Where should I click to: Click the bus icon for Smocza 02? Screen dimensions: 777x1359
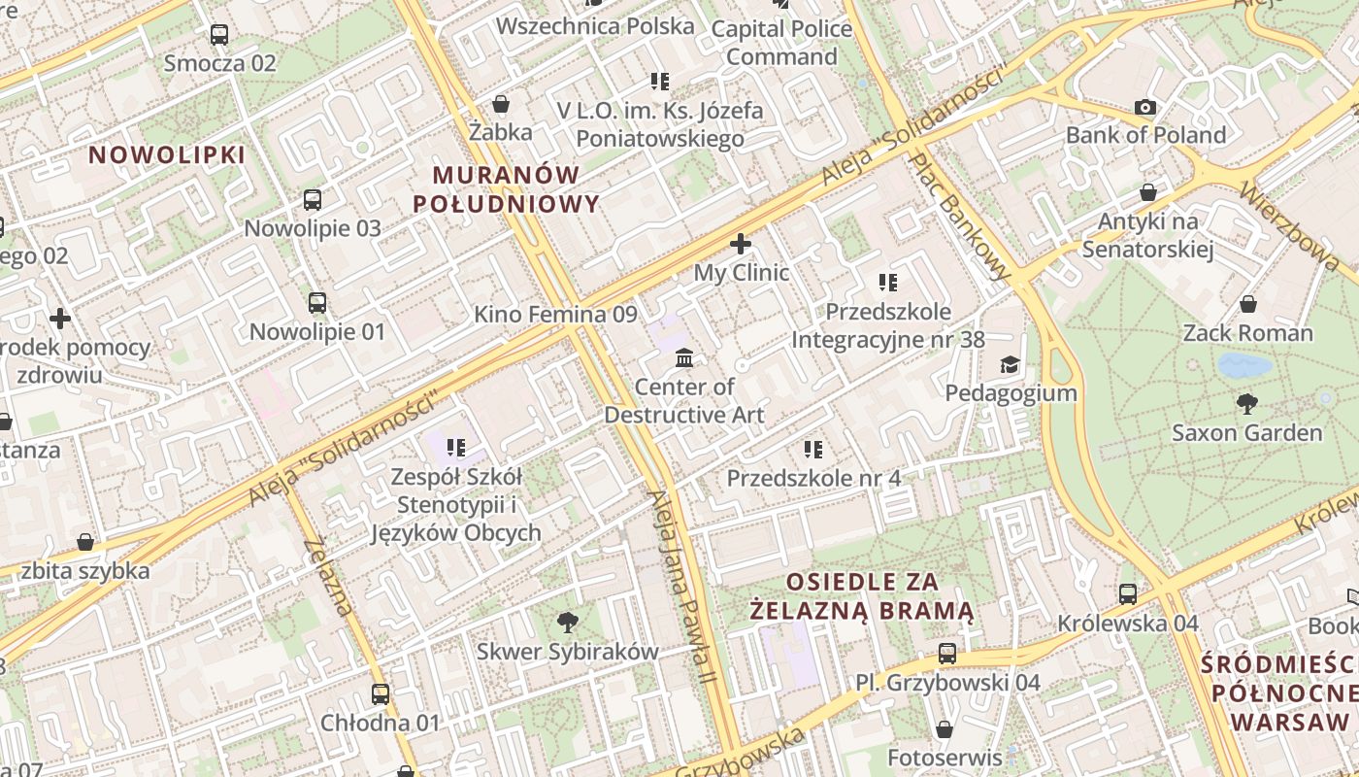click(x=219, y=35)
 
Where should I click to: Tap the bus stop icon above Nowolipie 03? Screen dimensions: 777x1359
click(x=312, y=200)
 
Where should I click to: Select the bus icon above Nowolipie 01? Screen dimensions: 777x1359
click(x=317, y=303)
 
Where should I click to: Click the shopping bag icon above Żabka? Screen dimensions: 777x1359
click(x=501, y=103)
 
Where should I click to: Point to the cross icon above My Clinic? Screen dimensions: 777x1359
click(x=741, y=244)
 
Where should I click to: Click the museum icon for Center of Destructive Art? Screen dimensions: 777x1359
click(x=684, y=358)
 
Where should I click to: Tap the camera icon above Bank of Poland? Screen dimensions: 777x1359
click(x=1145, y=107)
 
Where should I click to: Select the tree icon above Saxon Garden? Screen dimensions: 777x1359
click(x=1247, y=403)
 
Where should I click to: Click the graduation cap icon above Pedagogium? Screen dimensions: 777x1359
click(x=1011, y=364)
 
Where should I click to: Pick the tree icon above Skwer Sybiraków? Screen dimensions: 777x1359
click(x=568, y=622)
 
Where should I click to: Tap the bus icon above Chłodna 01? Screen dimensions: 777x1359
click(x=381, y=694)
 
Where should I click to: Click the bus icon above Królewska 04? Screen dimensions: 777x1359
click(x=1128, y=593)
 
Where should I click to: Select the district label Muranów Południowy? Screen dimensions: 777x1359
click(x=506, y=189)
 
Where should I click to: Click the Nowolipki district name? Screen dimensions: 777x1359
click(x=167, y=154)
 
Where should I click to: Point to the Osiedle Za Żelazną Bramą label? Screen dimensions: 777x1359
click(x=862, y=595)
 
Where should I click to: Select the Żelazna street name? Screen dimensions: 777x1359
click(x=327, y=577)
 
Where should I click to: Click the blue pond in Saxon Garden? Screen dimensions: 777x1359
click(x=1244, y=365)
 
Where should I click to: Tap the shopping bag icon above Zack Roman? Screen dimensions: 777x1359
click(x=1248, y=304)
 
